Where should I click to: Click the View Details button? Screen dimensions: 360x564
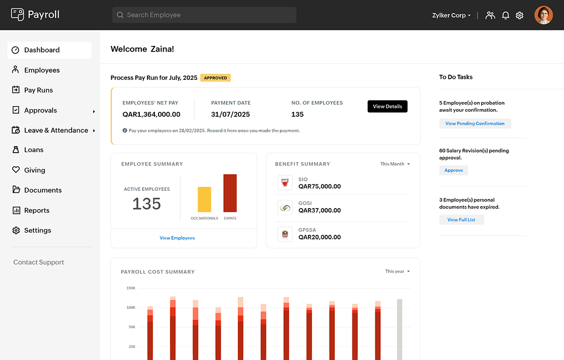[x=387, y=107]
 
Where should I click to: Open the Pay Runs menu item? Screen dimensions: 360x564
[x=38, y=90]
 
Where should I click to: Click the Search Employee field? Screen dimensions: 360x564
[x=204, y=15]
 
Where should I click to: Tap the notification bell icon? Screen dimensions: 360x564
[x=505, y=15]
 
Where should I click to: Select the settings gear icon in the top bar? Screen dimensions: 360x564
[x=520, y=15]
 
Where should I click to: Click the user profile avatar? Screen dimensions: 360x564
[x=543, y=15]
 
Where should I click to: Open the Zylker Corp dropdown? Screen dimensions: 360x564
[x=451, y=15]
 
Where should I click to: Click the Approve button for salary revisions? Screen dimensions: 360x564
[x=453, y=170]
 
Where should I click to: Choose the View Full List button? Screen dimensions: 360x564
[x=461, y=220]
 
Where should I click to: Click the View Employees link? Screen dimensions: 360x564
[x=177, y=238]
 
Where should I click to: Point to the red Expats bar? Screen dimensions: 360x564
[x=230, y=193]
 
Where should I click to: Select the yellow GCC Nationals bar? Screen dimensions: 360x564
[x=204, y=199]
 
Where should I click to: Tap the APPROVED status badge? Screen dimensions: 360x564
[x=216, y=78]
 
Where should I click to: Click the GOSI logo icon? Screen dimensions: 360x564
[x=285, y=208]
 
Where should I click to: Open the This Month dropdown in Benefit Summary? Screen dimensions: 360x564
[x=395, y=164]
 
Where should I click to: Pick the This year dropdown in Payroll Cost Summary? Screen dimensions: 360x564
[x=397, y=272]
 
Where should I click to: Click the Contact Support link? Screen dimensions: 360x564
[x=38, y=262]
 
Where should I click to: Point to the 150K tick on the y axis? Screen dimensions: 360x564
[x=131, y=288]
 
